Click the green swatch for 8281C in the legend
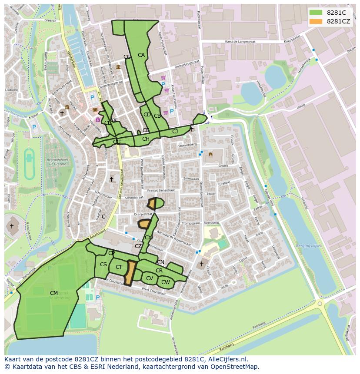(316, 13)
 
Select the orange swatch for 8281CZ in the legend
(316, 21)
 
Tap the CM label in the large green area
(54, 293)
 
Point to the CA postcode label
(141, 55)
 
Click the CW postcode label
(166, 282)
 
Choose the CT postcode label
(119, 267)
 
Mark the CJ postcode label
(175, 131)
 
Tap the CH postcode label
(146, 139)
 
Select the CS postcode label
(103, 265)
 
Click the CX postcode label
(148, 237)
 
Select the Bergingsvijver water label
(309, 245)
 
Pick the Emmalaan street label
(190, 179)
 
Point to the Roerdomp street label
(211, 222)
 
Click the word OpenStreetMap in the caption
(237, 367)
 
